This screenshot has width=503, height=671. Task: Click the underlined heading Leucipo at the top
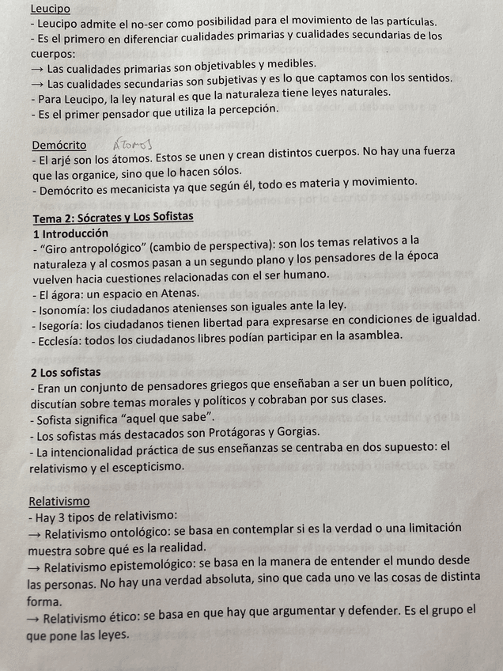(x=50, y=9)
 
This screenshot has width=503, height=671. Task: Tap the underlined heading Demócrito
(x=59, y=145)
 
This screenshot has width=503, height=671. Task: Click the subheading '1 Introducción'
(x=70, y=233)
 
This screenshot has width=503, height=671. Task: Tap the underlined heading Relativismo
(x=59, y=501)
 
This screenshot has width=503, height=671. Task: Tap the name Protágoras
(x=251, y=432)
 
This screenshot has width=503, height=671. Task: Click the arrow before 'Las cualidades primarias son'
(x=36, y=64)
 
